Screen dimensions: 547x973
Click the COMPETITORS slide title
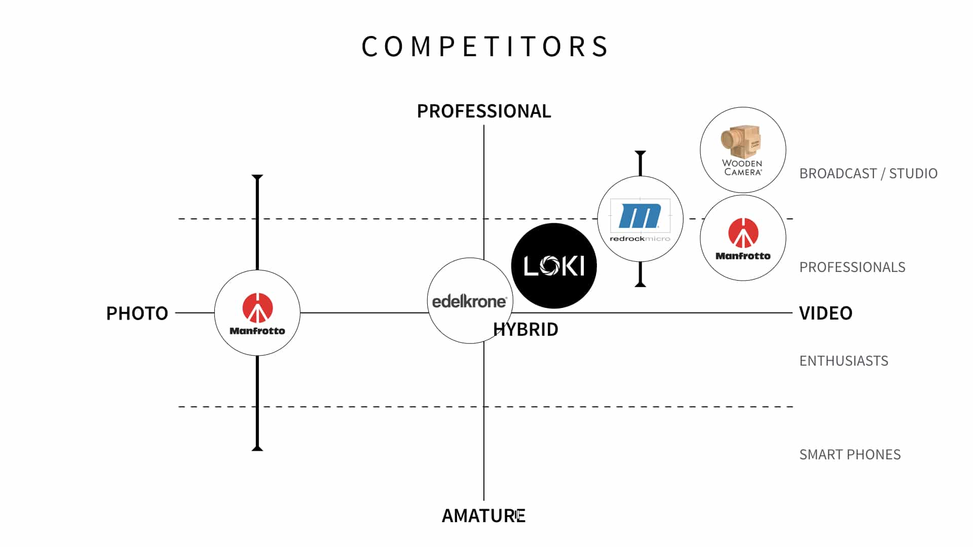(485, 47)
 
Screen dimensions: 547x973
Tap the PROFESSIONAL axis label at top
(483, 111)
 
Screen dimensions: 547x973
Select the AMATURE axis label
(483, 516)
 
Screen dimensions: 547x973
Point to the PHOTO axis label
(137, 314)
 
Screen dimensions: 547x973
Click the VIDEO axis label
(826, 313)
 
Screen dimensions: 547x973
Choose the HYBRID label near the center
(526, 330)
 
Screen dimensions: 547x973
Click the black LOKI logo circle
(554, 266)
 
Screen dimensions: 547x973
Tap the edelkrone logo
(469, 301)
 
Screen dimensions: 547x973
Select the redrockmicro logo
(640, 219)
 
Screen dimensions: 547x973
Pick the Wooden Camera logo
(742, 150)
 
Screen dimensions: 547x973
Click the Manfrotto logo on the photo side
(257, 313)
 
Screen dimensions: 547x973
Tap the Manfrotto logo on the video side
(743, 238)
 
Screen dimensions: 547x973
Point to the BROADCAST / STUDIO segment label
(868, 174)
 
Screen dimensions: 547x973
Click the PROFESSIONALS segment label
(852, 267)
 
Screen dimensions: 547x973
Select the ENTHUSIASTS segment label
(843, 361)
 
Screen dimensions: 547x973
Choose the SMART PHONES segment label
(850, 454)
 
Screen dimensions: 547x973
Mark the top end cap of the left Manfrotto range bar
(257, 177)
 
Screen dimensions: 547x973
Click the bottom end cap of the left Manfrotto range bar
(257, 448)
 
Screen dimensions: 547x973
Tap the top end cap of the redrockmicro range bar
(641, 152)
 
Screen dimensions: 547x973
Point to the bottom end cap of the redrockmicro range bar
(641, 285)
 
